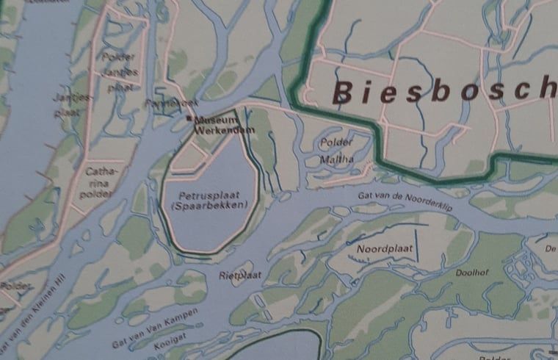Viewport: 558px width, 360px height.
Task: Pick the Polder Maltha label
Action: coord(336,150)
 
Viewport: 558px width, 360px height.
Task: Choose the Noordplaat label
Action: coord(384,249)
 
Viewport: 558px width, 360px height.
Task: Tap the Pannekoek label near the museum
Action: coord(163,104)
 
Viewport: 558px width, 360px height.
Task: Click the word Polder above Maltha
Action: coord(337,143)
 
